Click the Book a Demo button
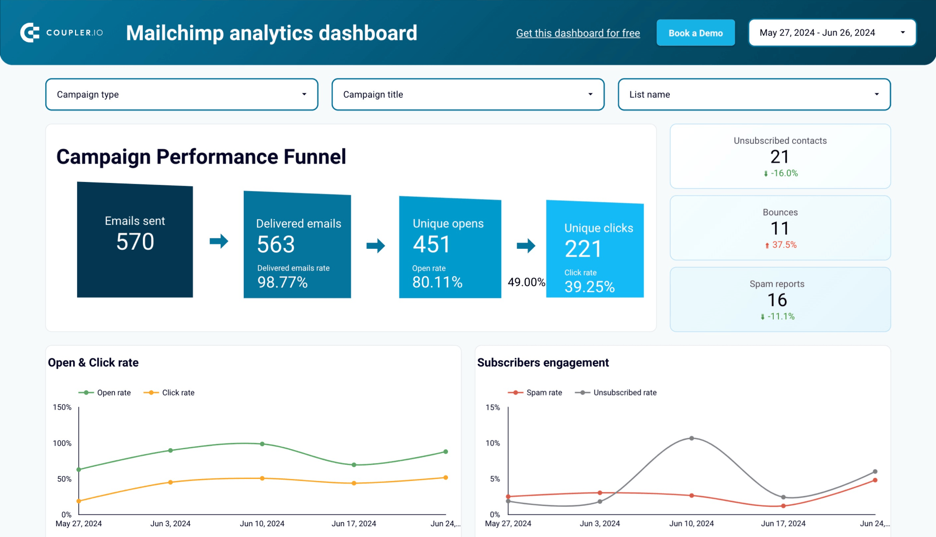click(695, 33)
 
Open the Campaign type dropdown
click(181, 95)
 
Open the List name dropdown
click(754, 95)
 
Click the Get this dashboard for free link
click(578, 33)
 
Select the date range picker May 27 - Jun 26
click(832, 33)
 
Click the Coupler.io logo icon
click(30, 33)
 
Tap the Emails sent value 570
click(135, 242)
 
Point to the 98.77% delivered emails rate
click(282, 282)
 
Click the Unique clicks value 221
click(583, 249)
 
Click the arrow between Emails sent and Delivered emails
click(219, 241)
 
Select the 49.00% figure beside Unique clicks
click(526, 282)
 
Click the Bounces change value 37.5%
click(784, 245)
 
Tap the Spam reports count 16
click(777, 300)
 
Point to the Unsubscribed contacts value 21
click(780, 157)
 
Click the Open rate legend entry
click(105, 393)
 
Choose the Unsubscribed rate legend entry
click(616, 393)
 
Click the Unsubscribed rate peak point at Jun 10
click(691, 438)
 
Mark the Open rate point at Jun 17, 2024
click(354, 465)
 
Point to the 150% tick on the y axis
click(62, 407)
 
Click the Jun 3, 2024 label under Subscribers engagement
click(600, 523)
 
